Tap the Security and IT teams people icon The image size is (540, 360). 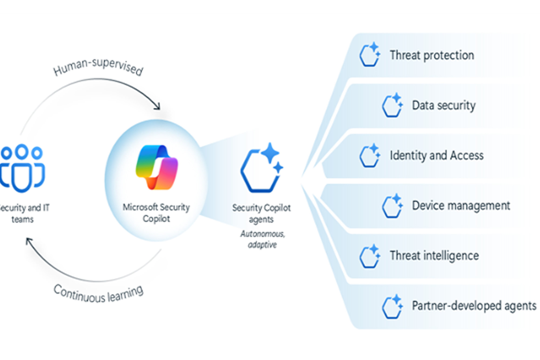22,168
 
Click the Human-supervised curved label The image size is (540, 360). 98,67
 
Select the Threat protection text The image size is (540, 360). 432,55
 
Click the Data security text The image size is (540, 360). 443,105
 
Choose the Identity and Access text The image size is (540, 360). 436,155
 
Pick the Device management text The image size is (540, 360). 461,206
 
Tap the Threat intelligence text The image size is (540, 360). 434,256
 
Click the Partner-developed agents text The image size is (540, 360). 474,306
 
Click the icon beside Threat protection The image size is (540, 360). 370,55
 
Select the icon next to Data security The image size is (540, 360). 392,105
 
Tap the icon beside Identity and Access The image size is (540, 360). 370,155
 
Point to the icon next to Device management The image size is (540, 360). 392,206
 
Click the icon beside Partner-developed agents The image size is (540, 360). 392,306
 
